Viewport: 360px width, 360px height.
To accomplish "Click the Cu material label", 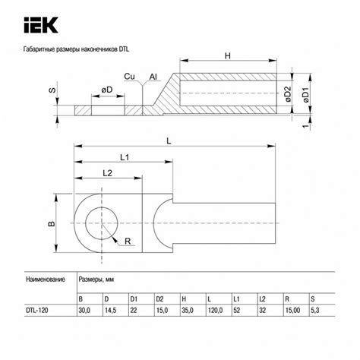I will point(131,77).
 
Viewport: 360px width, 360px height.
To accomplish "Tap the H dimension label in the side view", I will point(228,57).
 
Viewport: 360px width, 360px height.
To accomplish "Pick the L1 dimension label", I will point(123,156).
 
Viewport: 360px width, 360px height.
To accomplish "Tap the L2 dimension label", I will point(106,174).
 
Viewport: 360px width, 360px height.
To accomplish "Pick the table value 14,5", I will point(112,310).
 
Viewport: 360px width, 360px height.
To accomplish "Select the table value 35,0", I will point(188,310).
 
